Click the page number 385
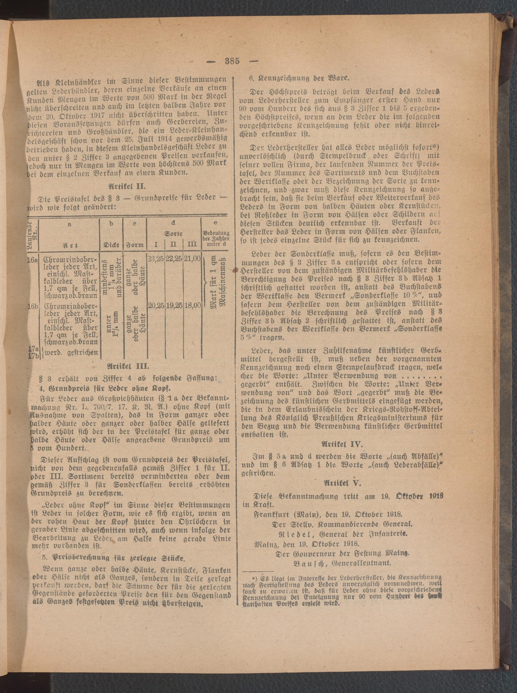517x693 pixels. (x=232, y=61)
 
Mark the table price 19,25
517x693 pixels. (x=174, y=306)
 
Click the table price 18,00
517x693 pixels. (x=193, y=306)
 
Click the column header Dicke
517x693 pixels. (x=111, y=245)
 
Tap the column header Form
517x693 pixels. (x=135, y=245)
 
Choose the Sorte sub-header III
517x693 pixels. (x=193, y=244)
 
